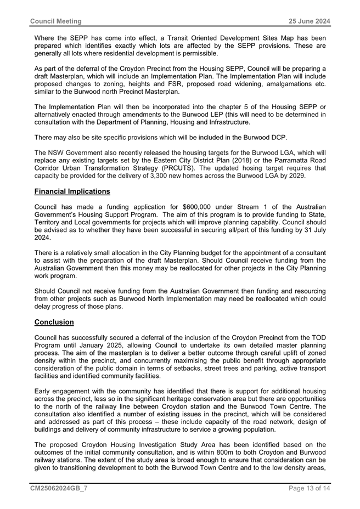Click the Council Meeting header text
pyautogui.click(x=55, y=21)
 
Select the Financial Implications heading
pyautogui.click(x=72, y=191)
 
